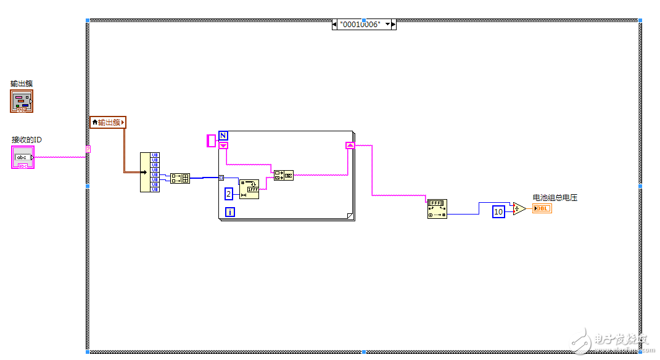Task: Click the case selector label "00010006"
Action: (x=360, y=25)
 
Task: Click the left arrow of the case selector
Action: (x=334, y=25)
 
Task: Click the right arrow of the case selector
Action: (x=394, y=25)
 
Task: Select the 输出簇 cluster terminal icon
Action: (x=22, y=100)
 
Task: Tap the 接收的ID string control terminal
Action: (x=22, y=157)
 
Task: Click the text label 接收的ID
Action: (x=27, y=140)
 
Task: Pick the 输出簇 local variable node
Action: (x=108, y=122)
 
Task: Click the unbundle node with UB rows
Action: (x=149, y=172)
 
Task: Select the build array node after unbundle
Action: (x=180, y=179)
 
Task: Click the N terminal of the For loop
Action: (x=223, y=136)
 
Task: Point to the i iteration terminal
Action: (x=230, y=212)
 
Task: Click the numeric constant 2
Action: (x=228, y=194)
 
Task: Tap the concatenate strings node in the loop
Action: (x=284, y=175)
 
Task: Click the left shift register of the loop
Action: (x=223, y=145)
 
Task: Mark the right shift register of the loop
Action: (x=350, y=145)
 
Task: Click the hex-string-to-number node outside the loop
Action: (x=437, y=209)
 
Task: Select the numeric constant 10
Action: (x=498, y=212)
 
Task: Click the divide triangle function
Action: (x=519, y=209)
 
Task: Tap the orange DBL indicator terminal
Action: (x=542, y=208)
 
